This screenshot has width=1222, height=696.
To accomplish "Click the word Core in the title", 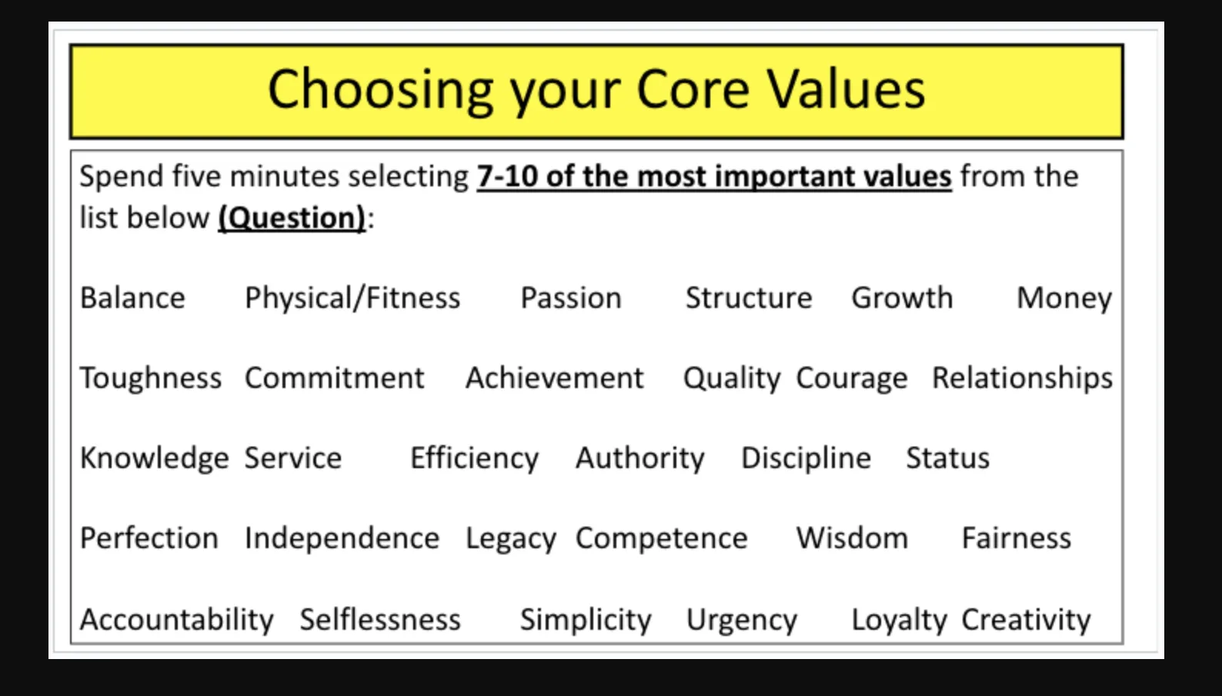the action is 693,89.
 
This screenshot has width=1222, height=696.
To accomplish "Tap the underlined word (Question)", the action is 292,219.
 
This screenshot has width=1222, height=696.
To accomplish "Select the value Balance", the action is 132,298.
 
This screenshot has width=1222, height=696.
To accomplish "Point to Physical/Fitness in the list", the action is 352,299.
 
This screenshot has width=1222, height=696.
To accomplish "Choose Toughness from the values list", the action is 151,378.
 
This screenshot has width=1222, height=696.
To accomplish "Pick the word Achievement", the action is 555,378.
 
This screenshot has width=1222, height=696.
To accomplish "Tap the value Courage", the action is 852,379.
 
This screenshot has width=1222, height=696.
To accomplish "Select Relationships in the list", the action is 1022,378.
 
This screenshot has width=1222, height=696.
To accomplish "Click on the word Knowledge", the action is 155,459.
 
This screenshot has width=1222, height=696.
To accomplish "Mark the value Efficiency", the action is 475,459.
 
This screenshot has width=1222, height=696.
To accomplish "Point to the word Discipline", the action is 806,459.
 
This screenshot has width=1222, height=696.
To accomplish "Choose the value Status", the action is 947,458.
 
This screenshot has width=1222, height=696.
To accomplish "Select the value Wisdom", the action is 852,538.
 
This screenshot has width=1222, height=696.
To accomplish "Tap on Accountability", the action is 177,620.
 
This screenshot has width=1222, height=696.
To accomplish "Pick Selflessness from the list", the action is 380,620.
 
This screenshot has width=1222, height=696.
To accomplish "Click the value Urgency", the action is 741,621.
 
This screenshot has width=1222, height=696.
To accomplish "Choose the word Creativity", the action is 1026,620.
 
